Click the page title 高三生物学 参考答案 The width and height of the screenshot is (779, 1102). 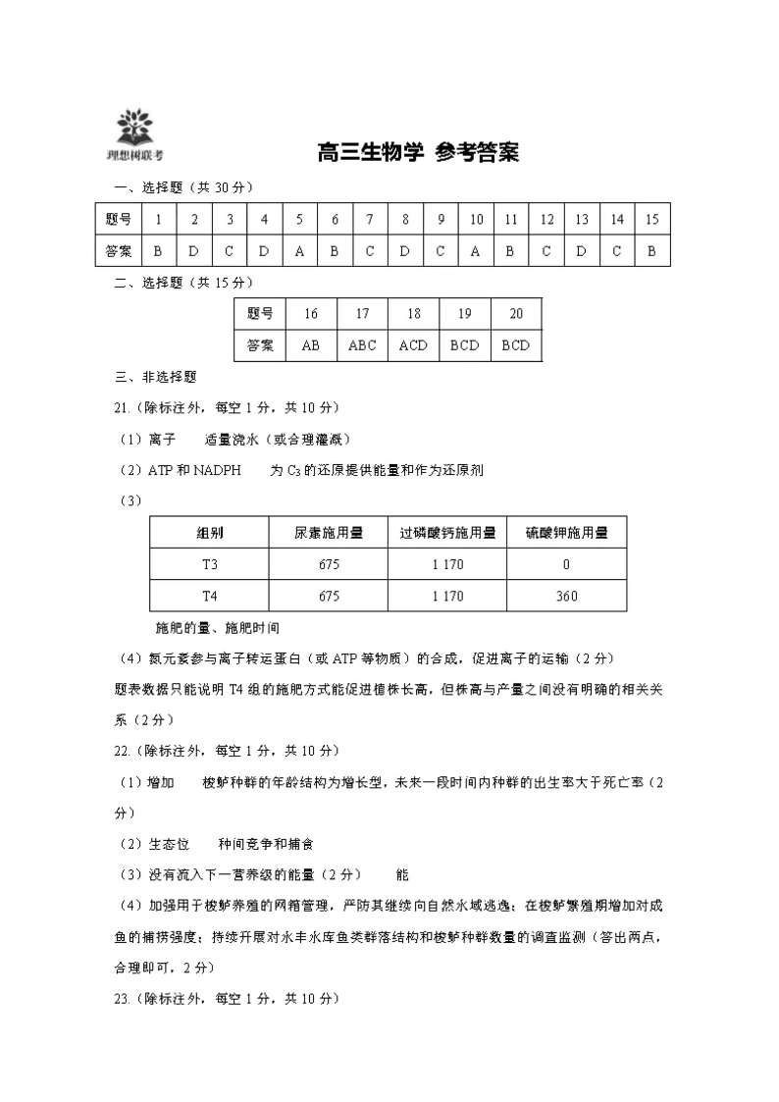(418, 152)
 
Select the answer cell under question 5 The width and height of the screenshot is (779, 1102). (299, 250)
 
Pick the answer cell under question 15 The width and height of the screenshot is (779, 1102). (651, 250)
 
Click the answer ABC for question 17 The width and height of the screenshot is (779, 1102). (362, 345)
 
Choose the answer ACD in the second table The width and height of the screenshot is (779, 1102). (413, 345)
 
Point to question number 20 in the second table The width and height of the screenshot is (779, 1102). (516, 314)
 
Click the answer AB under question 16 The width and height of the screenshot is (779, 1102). (311, 345)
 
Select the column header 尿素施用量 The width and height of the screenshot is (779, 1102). (329, 533)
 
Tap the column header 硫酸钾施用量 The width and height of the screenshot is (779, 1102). (566, 533)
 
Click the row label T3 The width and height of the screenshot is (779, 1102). (210, 564)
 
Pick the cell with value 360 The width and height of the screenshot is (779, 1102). (566, 596)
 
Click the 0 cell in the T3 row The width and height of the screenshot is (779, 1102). (566, 564)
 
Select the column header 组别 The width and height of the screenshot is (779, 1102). (210, 533)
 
